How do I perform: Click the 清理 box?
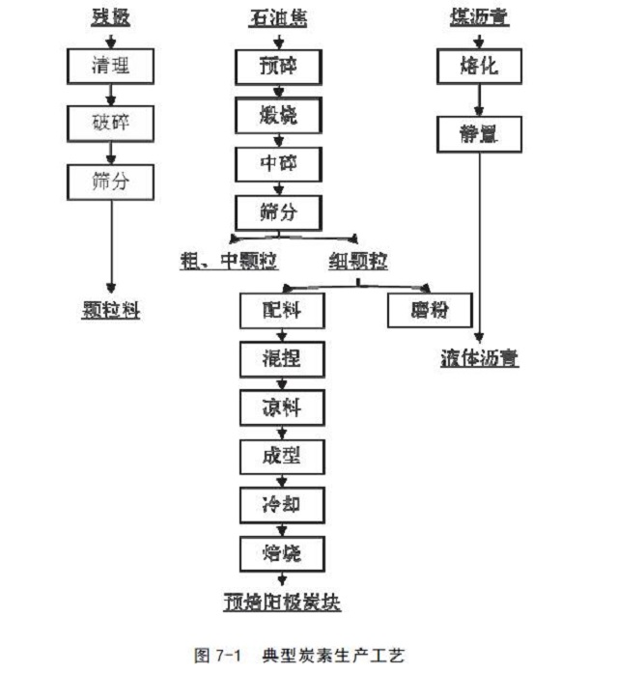(110, 66)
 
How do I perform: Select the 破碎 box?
(110, 123)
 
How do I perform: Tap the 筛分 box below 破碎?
(110, 180)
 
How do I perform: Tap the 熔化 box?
(479, 67)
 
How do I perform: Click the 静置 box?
(479, 134)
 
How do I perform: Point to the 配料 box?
(281, 311)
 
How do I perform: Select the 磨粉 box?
(430, 311)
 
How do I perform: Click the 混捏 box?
(281, 359)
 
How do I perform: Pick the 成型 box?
(281, 456)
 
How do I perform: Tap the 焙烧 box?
(281, 553)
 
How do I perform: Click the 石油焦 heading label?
(277, 18)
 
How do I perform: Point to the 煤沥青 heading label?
(480, 18)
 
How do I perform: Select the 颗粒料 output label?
(110, 311)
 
